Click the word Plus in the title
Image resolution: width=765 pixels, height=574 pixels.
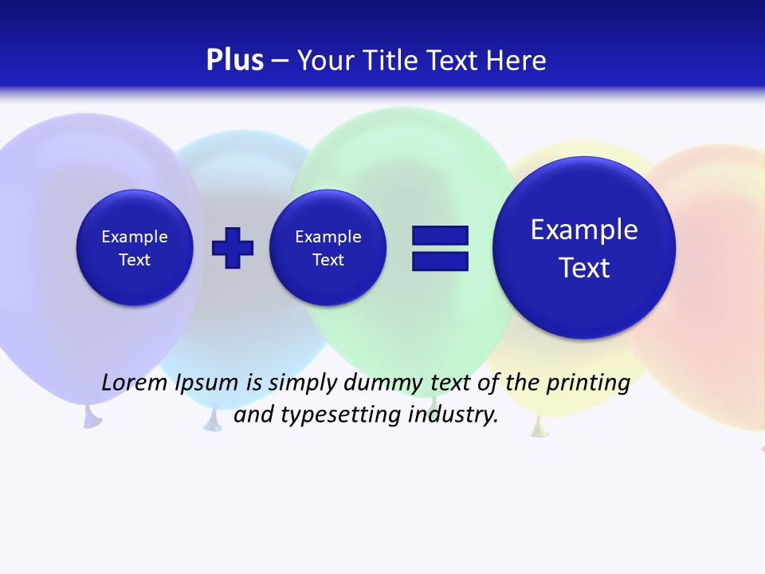coord(234,61)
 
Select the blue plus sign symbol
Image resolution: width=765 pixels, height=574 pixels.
coord(233,248)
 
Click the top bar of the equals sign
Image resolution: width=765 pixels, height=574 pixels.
coord(440,235)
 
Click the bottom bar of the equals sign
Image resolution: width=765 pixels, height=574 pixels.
coord(440,261)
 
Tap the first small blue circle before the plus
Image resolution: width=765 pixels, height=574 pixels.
coord(135,248)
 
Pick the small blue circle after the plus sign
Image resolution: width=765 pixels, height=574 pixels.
coord(328,248)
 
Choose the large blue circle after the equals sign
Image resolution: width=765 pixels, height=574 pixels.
coord(584,248)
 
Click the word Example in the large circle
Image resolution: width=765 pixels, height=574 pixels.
coord(584,230)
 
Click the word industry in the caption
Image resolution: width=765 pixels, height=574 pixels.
coord(452,415)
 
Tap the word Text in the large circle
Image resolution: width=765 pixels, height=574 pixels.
coord(584,268)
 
